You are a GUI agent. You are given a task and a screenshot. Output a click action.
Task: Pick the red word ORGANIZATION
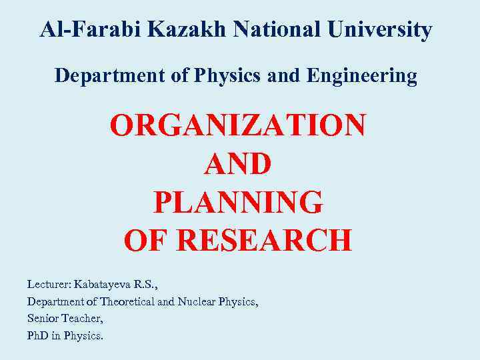coord(238,125)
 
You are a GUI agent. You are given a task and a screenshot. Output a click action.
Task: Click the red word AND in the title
coord(238,163)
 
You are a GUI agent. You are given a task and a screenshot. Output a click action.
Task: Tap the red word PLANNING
coord(238,202)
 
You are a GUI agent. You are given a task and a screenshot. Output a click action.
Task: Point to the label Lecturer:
coord(49,284)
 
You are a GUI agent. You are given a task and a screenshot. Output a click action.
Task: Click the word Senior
coord(41,319)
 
